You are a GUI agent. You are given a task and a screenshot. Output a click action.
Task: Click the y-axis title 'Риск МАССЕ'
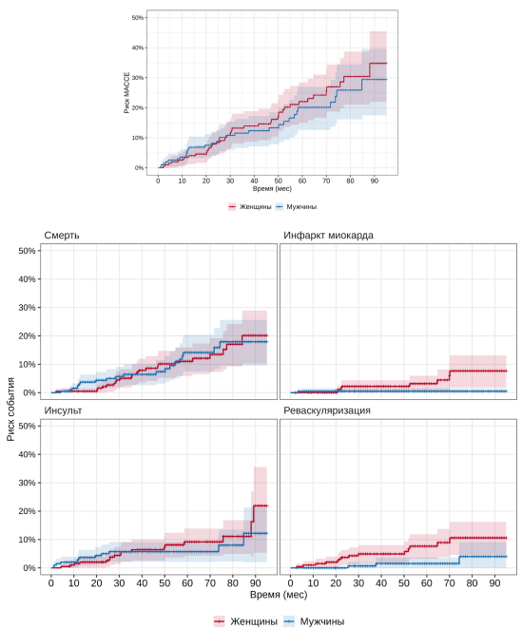click(x=126, y=93)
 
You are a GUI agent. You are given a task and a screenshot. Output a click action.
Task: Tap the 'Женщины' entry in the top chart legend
click(x=255, y=207)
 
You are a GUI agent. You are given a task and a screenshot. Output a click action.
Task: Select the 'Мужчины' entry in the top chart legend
click(x=301, y=207)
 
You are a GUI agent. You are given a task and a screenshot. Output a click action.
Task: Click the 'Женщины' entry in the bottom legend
click(x=253, y=621)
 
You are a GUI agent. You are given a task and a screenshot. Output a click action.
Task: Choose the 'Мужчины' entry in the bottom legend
click(x=322, y=621)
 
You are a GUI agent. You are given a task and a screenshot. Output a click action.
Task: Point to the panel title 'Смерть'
click(x=62, y=235)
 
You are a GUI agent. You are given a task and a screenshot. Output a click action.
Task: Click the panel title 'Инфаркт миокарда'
click(x=328, y=235)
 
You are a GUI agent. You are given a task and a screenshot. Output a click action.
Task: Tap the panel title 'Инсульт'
click(x=63, y=410)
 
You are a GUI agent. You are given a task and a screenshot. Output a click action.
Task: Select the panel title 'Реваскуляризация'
click(x=327, y=410)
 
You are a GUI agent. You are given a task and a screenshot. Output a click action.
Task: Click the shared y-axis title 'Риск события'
click(x=10, y=410)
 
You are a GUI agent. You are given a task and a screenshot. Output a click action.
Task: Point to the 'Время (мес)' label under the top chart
click(x=272, y=188)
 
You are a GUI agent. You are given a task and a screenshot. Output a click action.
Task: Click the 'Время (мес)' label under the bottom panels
click(x=279, y=595)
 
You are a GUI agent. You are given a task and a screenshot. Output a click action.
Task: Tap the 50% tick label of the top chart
click(x=138, y=18)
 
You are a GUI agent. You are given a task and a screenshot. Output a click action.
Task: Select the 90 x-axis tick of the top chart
click(x=375, y=181)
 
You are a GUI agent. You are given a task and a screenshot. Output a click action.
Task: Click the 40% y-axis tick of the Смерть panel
click(x=27, y=278)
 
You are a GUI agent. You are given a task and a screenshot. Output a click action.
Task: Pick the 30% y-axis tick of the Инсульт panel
click(x=27, y=483)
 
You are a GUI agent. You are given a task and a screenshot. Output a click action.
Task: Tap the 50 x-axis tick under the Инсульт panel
click(x=164, y=582)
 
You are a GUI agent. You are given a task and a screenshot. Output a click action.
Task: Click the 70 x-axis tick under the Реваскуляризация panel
click(x=450, y=582)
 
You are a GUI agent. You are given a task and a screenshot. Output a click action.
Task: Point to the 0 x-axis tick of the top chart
click(x=158, y=181)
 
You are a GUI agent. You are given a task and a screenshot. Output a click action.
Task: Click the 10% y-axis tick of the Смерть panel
click(x=27, y=364)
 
